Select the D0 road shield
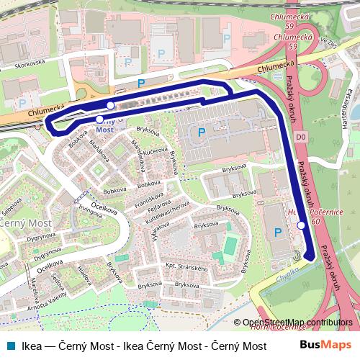(281, 135)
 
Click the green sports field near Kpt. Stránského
(230, 245)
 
